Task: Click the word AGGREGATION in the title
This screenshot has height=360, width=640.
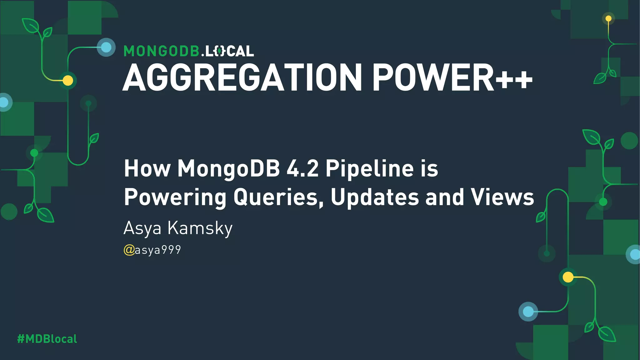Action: click(x=242, y=77)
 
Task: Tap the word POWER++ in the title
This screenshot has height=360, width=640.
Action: click(x=452, y=77)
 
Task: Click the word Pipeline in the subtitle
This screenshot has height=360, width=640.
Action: click(x=370, y=169)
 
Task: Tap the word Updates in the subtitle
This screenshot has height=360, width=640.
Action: click(x=375, y=197)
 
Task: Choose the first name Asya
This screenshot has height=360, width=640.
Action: click(x=142, y=228)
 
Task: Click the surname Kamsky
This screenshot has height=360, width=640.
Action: click(x=200, y=228)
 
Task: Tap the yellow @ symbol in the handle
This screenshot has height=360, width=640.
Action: click(x=129, y=250)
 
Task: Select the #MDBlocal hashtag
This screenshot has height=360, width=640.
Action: click(x=47, y=339)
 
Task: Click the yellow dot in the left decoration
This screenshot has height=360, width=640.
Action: click(x=68, y=81)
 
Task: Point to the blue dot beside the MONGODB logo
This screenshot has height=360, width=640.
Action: click(x=106, y=47)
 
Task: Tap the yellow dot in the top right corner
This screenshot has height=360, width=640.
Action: click(x=608, y=18)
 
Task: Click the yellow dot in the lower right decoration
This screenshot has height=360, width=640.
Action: click(x=568, y=277)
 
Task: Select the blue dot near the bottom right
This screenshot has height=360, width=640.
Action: click(x=528, y=312)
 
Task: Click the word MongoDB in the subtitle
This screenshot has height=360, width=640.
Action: click(x=229, y=169)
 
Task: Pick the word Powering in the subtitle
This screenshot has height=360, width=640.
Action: click(x=175, y=197)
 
